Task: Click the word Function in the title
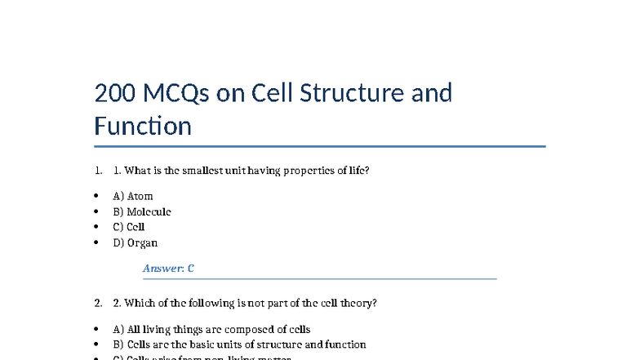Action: (x=143, y=127)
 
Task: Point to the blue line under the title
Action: (x=319, y=147)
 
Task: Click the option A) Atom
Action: (x=133, y=196)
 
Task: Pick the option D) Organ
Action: (x=136, y=242)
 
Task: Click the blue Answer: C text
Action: (x=168, y=268)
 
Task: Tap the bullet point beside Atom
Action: (x=96, y=196)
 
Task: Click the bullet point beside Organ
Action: (x=96, y=242)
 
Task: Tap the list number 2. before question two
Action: (x=99, y=303)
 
